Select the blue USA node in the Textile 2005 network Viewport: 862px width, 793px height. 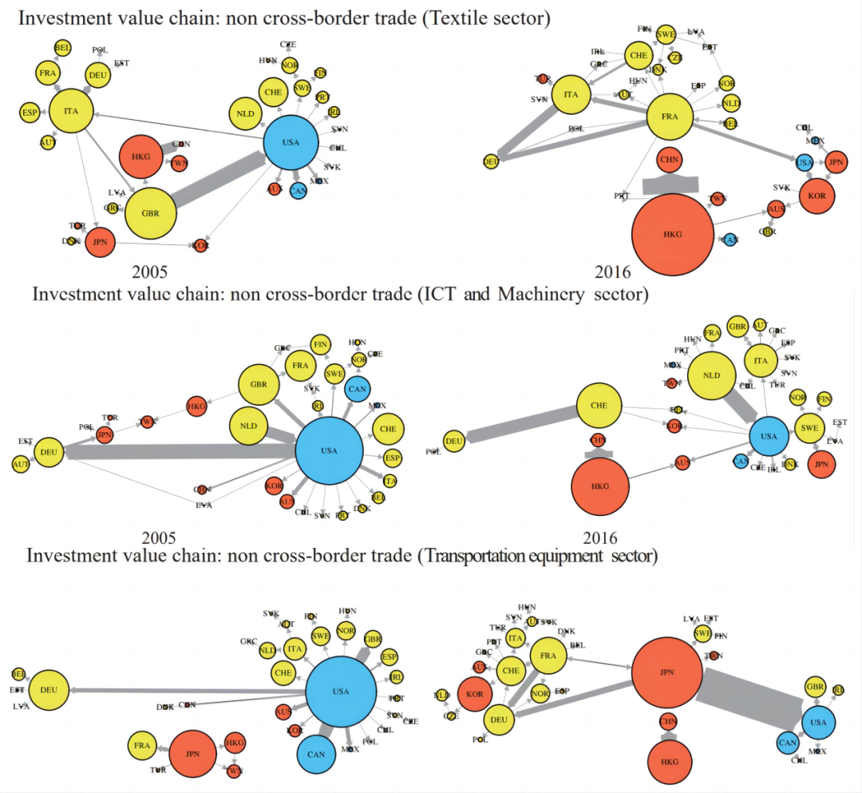click(x=291, y=142)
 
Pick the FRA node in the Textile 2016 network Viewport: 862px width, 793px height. click(x=670, y=117)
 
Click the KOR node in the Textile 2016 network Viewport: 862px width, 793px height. click(x=822, y=195)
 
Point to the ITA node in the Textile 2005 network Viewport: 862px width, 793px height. click(x=71, y=112)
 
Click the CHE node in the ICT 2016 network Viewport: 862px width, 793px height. click(x=599, y=406)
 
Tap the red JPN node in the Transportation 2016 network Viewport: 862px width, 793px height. click(x=667, y=672)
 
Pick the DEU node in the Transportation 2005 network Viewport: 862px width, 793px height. click(x=49, y=689)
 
